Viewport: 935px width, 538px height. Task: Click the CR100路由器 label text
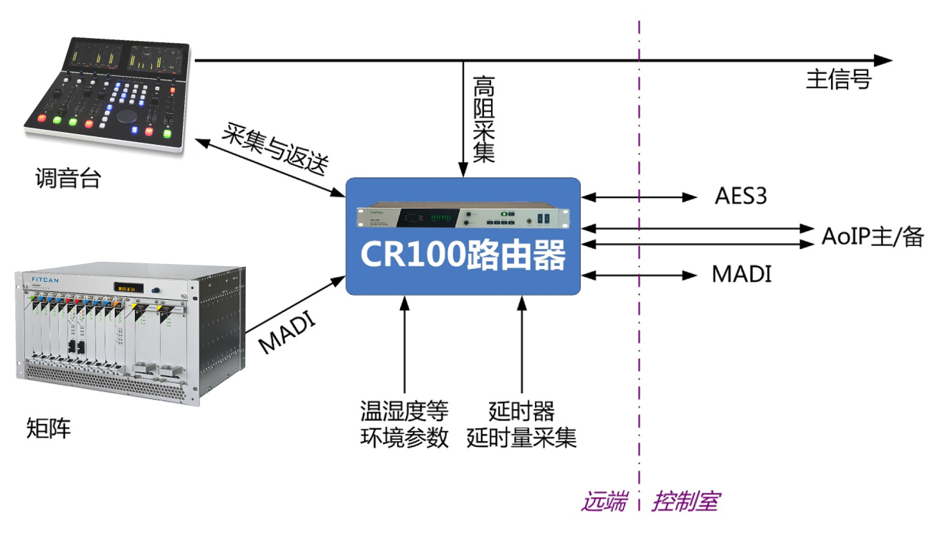click(462, 255)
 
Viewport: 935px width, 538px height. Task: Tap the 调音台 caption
click(68, 178)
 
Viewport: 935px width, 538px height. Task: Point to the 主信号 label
click(838, 79)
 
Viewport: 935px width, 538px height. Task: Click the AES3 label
click(741, 196)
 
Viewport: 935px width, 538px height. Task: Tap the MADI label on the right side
click(741, 274)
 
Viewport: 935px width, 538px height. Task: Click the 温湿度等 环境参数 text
click(404, 425)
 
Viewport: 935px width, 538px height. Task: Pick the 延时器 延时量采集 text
click(521, 425)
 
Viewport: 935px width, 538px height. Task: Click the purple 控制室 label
click(685, 501)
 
